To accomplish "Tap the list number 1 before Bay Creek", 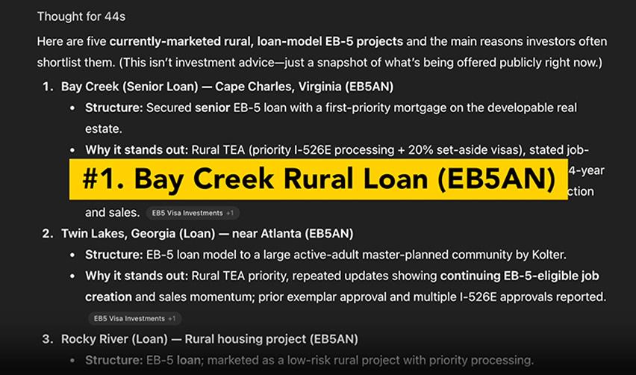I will pos(47,87).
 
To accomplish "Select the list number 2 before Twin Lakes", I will pos(47,234).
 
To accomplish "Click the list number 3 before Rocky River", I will pos(47,339).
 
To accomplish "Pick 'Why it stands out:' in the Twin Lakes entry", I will pos(137,276).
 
